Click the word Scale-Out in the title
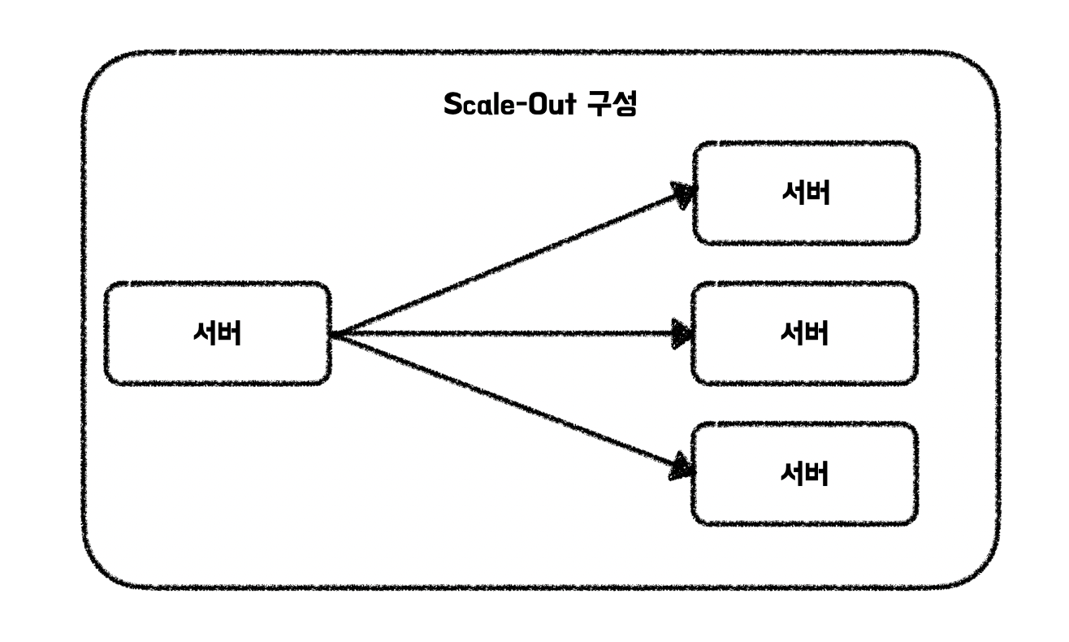click(x=509, y=104)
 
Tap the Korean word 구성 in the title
click(x=612, y=103)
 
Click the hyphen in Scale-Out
click(x=522, y=106)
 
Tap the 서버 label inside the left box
click(x=218, y=333)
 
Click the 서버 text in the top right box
click(x=806, y=193)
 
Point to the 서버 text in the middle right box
click(x=805, y=333)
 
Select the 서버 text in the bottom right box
click(x=805, y=474)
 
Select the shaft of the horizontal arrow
click(x=502, y=334)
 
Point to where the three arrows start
click(x=333, y=334)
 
